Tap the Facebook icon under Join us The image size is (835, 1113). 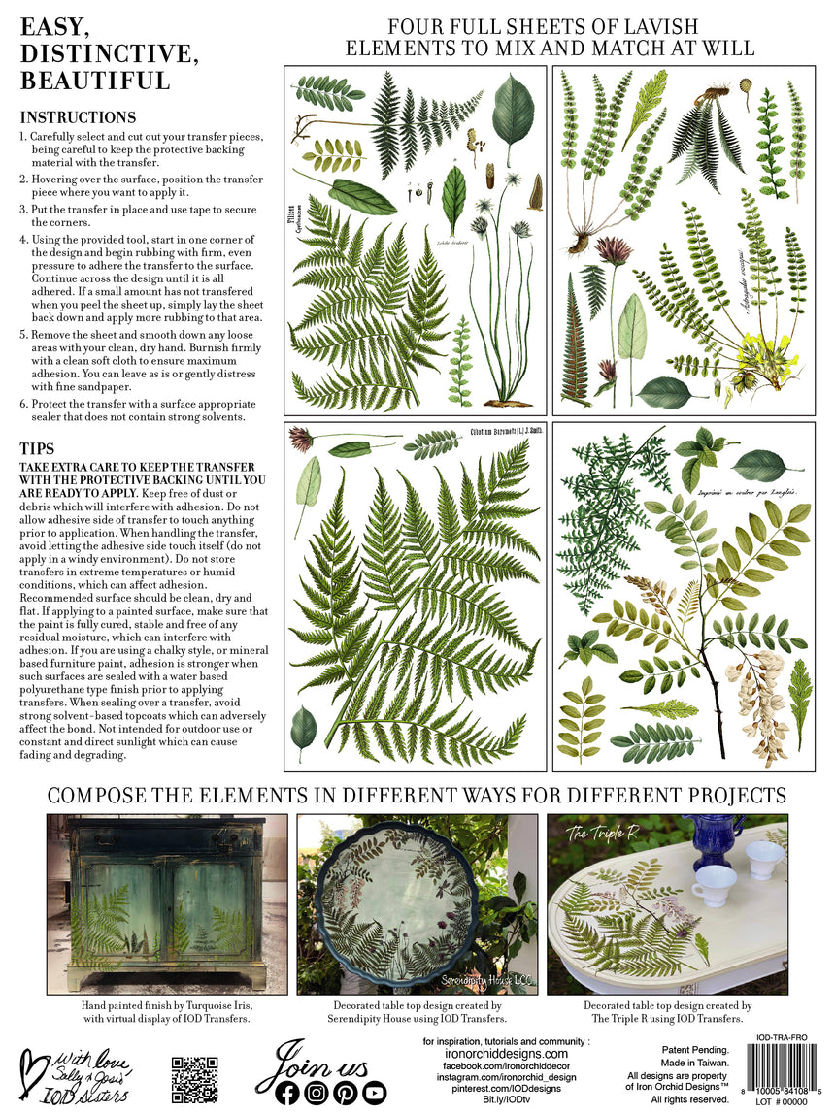point(287,1093)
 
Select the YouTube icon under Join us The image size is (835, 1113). point(375,1093)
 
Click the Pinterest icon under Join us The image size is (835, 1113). point(346,1093)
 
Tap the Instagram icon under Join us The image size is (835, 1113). point(317,1093)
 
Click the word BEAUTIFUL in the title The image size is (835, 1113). point(94,80)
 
